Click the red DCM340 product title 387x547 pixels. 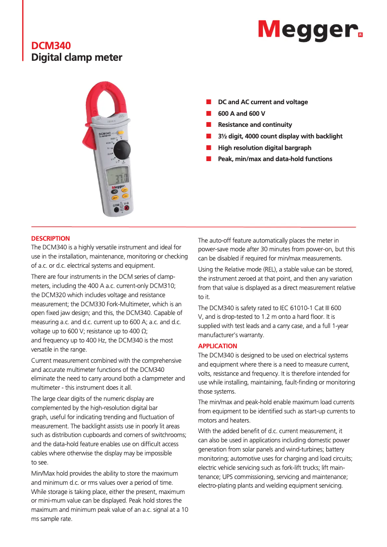tap(51, 46)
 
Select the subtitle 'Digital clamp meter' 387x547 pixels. tap(77, 58)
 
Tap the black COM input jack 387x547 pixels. tap(116, 210)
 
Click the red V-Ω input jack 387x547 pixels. tap(127, 209)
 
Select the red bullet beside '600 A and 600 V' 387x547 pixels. tap(209, 113)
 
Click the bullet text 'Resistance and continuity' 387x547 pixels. tap(255, 125)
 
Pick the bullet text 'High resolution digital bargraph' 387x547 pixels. tap(264, 148)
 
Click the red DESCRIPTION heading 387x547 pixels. tap(51, 238)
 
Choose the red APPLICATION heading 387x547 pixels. tap(218, 346)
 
